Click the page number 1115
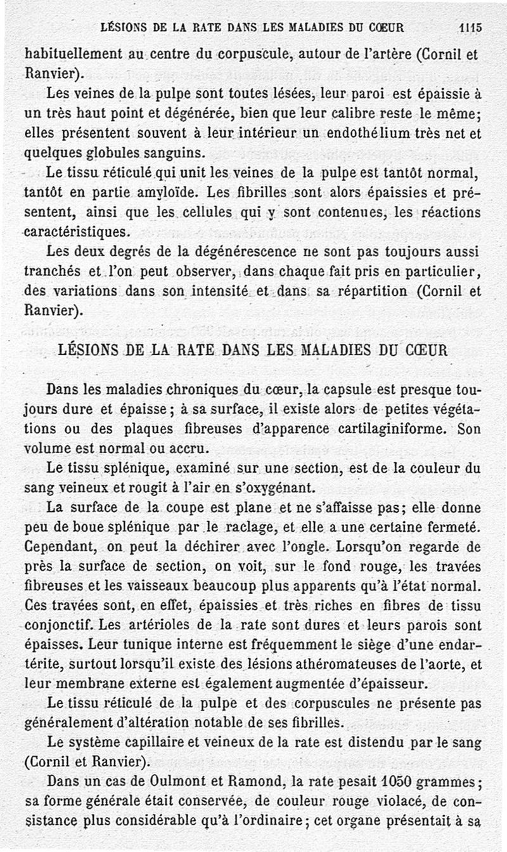pyautogui.click(x=470, y=27)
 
